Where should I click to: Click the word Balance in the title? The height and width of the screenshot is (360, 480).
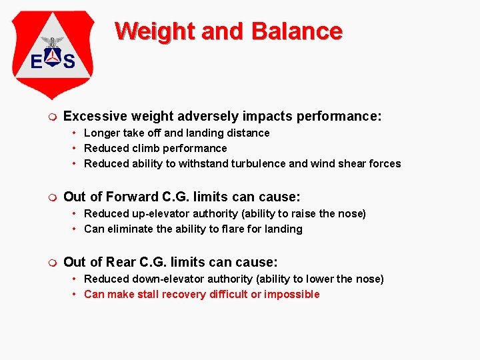pos(295,31)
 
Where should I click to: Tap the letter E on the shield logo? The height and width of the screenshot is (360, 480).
pos(37,62)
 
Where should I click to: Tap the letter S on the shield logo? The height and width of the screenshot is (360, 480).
pos(68,62)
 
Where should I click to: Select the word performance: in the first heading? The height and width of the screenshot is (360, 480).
pos(339,117)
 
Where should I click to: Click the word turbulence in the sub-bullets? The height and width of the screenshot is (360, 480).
pos(259,163)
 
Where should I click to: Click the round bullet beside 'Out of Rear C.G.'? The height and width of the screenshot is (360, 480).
pos(53,263)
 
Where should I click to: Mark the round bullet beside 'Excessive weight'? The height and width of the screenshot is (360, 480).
pos(53,117)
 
